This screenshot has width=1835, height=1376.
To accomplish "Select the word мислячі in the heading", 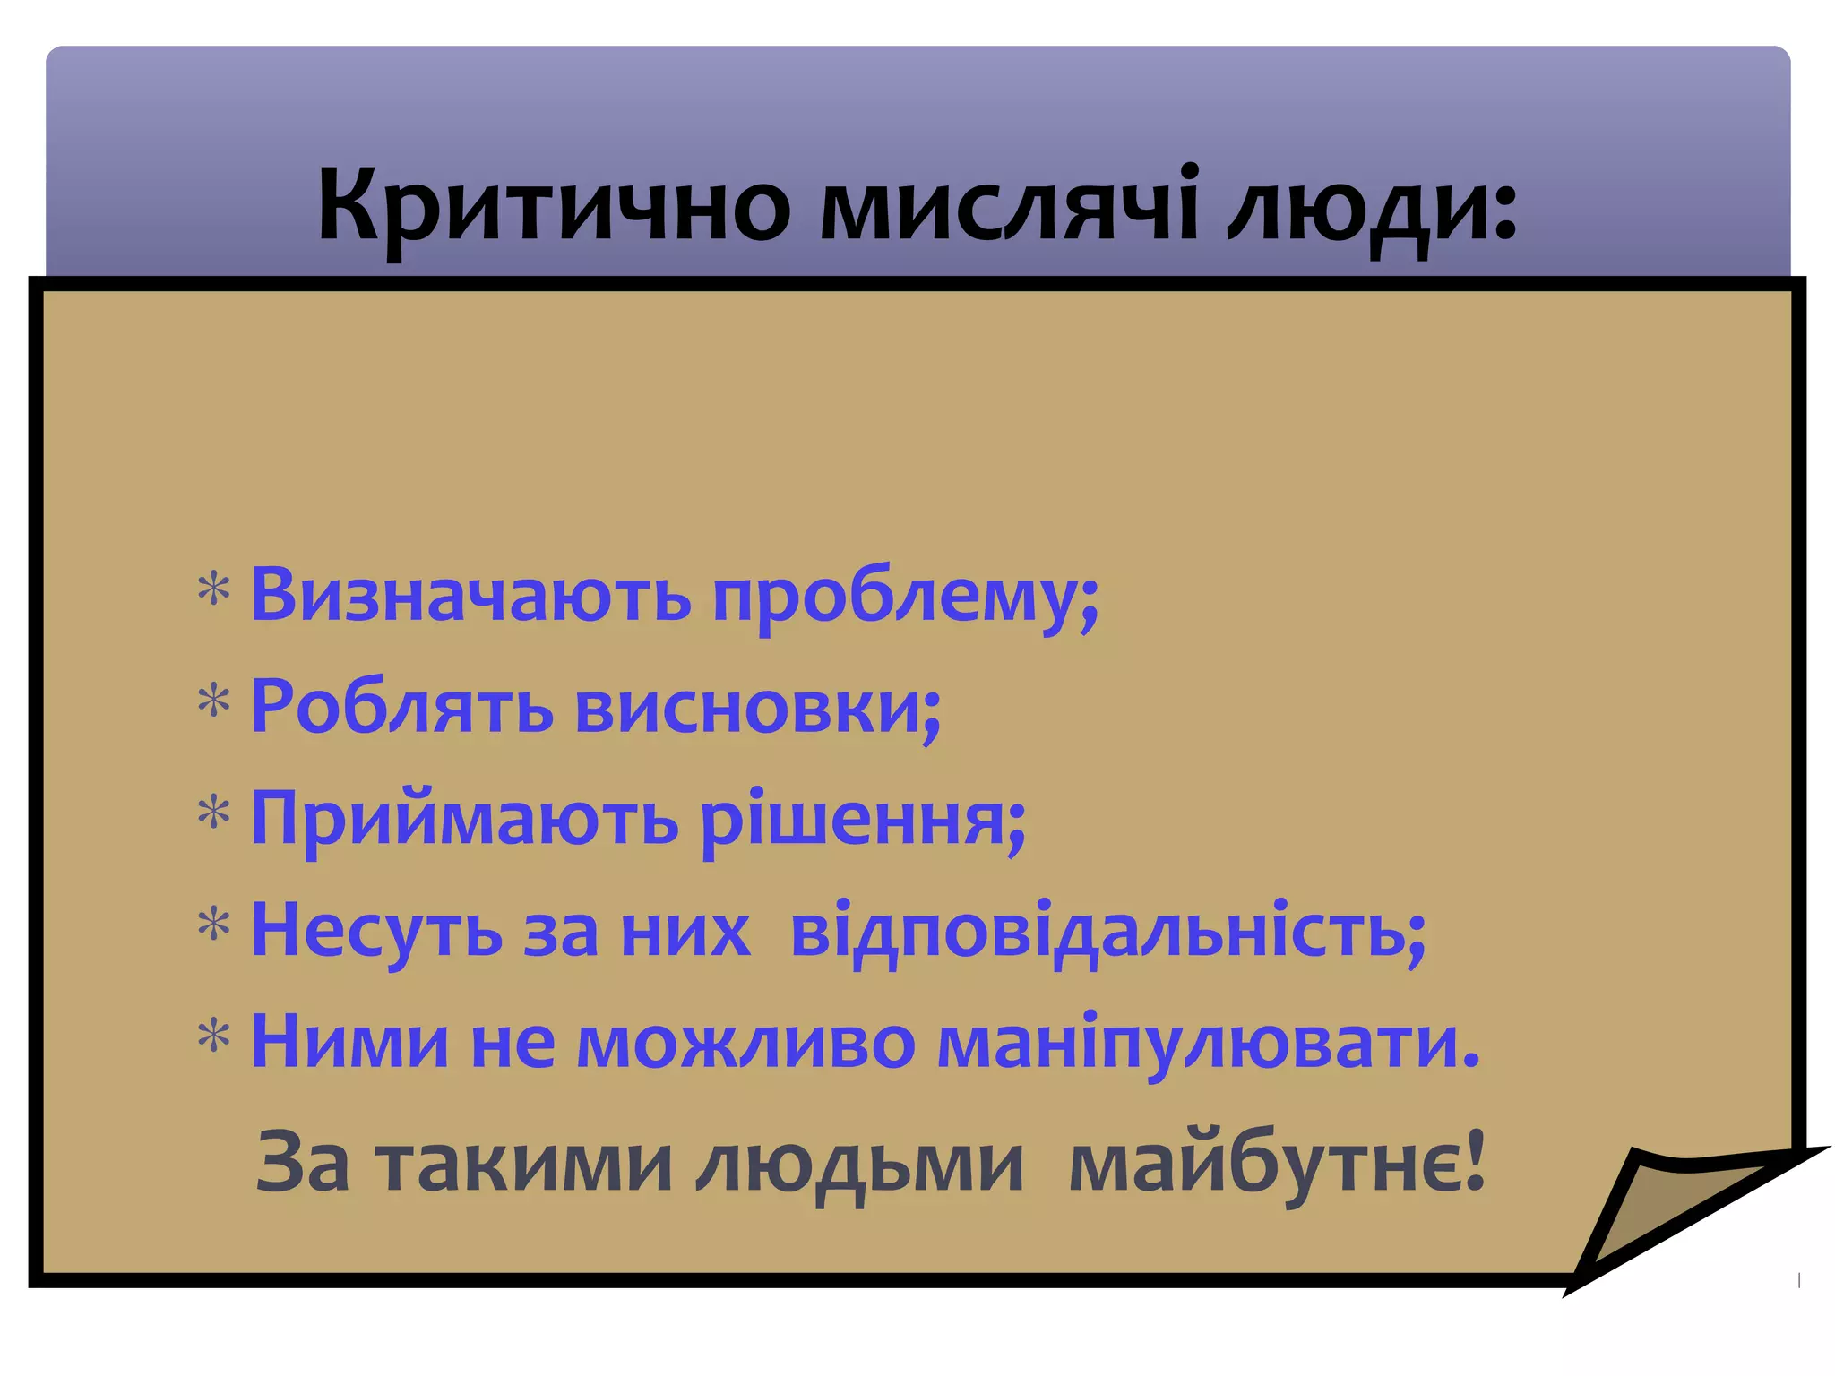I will point(1009,206).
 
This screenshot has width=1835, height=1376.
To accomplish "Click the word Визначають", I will point(470,596).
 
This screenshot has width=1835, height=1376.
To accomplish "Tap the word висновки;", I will point(758,708).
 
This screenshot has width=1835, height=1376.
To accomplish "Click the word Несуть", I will point(376,932).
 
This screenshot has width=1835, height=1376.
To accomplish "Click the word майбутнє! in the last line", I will point(1277,1165).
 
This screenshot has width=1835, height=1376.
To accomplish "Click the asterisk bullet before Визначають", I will point(214,591).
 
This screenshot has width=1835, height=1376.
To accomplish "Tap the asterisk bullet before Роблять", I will point(214,702).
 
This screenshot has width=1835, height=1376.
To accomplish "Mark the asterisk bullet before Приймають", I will point(214,814).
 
